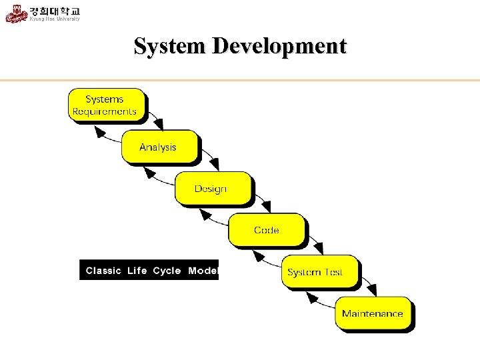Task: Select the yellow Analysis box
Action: [159, 147]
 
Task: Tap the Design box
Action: [213, 188]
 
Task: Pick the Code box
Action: [267, 230]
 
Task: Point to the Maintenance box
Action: [373, 313]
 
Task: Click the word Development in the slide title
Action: [279, 47]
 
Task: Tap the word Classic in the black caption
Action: [103, 271]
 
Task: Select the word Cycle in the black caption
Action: [167, 271]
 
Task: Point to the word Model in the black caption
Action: [203, 271]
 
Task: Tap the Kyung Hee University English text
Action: [55, 19]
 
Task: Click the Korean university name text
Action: [55, 11]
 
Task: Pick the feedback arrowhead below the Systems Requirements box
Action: [101, 132]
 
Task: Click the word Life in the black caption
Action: [137, 271]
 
